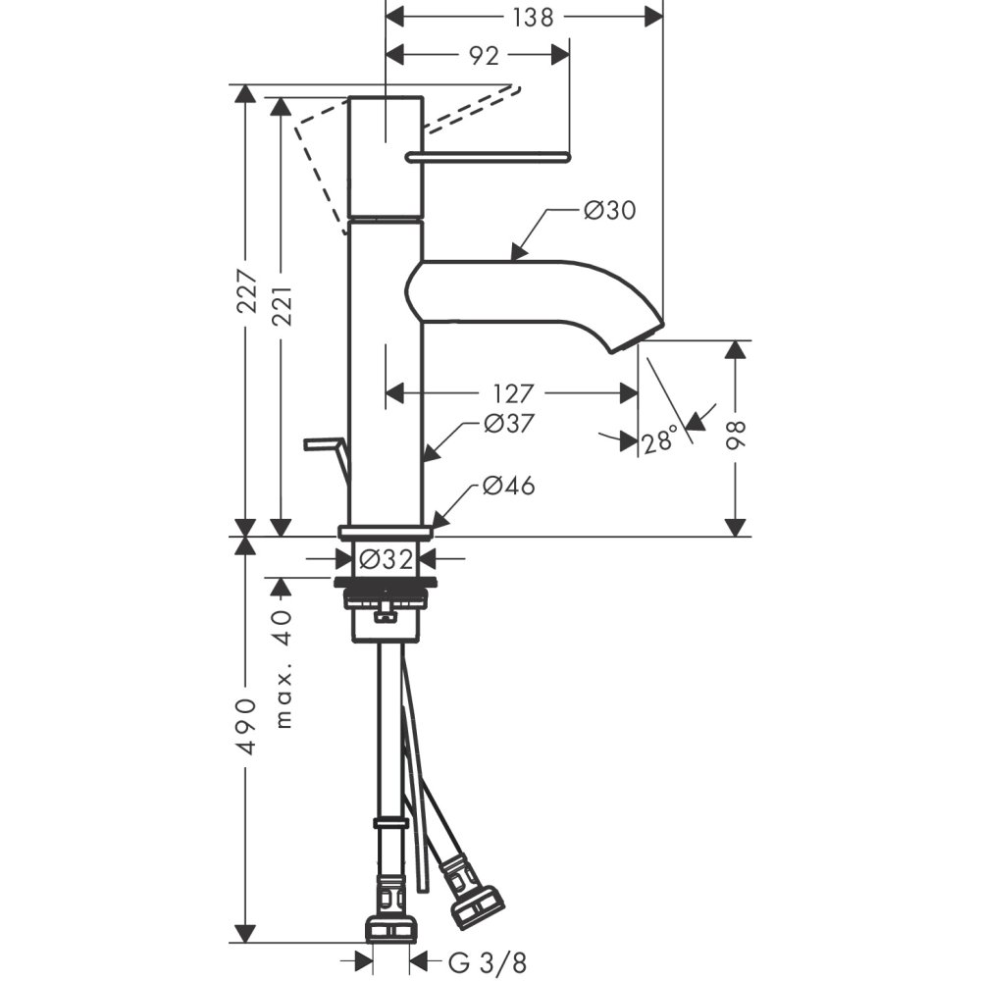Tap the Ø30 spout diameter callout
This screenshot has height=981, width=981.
pos(609,210)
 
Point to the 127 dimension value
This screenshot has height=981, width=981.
pos(513,393)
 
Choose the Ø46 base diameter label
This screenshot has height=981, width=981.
pos(508,486)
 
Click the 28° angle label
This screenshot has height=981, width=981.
pos(659,442)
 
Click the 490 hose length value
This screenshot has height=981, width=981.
pos(246,726)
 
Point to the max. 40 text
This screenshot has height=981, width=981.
pos(283,668)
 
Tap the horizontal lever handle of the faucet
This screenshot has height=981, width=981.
pos(490,155)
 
